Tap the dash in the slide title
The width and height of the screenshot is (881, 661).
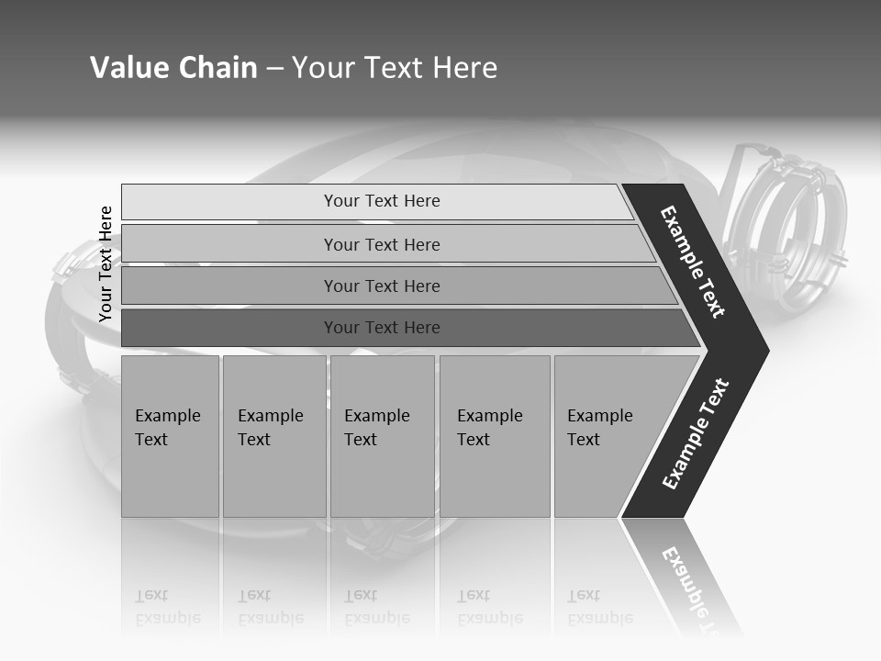[x=274, y=69]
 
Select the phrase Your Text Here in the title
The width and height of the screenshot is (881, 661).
[x=395, y=68]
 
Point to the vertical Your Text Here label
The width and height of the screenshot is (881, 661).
[x=106, y=263]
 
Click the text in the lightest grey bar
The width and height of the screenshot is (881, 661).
[x=382, y=201]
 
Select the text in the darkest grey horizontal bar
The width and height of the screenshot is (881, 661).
[x=382, y=328]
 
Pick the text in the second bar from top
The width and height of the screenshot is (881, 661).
[x=382, y=245]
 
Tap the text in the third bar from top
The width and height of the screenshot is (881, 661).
[x=382, y=286]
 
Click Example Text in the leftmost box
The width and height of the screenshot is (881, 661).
[x=167, y=428]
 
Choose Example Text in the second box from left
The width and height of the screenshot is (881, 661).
[x=270, y=428]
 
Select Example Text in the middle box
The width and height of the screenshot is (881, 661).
[x=376, y=428]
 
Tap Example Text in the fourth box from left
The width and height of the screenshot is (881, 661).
[x=489, y=428]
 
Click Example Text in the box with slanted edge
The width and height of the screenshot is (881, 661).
[x=599, y=428]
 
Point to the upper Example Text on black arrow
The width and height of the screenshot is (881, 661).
[x=693, y=262]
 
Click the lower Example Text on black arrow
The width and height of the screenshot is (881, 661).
[x=696, y=434]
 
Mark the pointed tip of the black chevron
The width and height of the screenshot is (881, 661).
[x=766, y=350]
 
